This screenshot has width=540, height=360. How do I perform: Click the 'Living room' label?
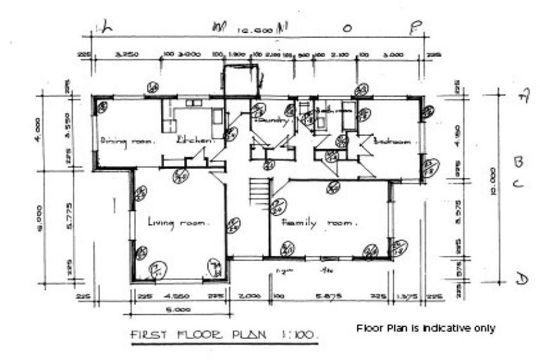[178, 222]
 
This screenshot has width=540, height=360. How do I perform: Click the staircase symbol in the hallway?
[259, 192]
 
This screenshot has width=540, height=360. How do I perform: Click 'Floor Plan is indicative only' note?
[425, 328]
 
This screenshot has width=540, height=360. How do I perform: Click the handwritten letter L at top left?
[107, 27]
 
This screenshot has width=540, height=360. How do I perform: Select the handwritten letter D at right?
[521, 279]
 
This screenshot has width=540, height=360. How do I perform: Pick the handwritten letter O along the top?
[347, 28]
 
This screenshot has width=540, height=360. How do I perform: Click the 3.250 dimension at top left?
[124, 53]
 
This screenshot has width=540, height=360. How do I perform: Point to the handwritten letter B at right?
[519, 162]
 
